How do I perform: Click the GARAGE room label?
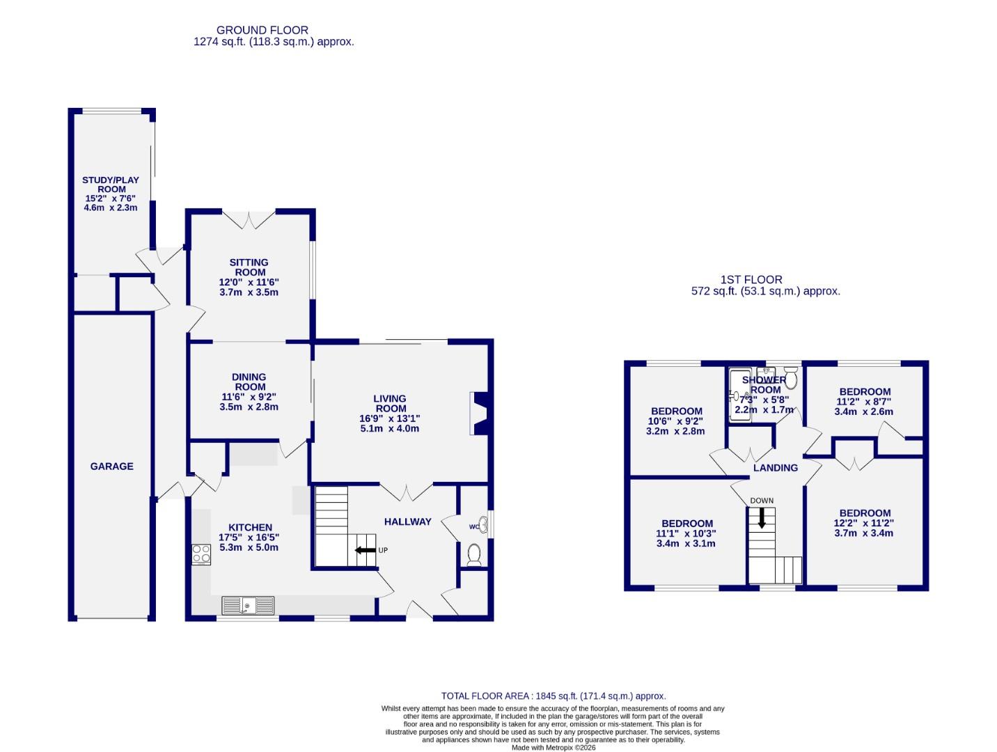click(111, 467)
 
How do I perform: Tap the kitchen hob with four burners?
click(201, 554)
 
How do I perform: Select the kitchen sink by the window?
click(248, 606)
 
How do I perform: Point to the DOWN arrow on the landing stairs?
click(761, 517)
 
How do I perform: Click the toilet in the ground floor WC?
click(475, 554)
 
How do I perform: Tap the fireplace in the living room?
click(479, 414)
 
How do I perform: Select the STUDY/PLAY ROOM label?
click(111, 185)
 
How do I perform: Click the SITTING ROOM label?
click(249, 267)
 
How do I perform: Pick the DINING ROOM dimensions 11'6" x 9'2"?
click(249, 397)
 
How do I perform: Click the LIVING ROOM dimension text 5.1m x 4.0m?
click(389, 428)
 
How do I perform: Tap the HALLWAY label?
click(408, 522)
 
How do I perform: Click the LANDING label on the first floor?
click(775, 468)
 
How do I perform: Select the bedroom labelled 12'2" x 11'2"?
click(863, 523)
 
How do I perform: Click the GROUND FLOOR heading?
click(262, 30)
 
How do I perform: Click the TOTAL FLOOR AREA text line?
click(554, 696)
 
